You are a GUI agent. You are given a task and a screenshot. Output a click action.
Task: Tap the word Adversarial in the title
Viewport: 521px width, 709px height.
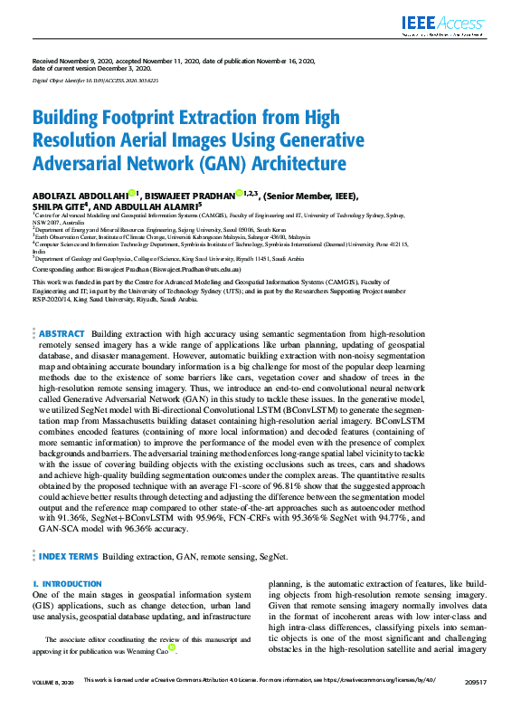(x=77, y=164)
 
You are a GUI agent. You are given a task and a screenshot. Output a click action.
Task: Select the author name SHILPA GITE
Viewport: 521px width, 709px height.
(x=57, y=206)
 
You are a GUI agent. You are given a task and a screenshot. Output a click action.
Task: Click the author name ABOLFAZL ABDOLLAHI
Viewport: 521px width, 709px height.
(x=79, y=194)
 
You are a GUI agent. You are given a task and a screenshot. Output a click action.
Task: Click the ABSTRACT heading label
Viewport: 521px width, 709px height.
(x=62, y=334)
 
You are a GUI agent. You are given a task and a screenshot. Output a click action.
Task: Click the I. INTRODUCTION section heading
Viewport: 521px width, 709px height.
(x=66, y=559)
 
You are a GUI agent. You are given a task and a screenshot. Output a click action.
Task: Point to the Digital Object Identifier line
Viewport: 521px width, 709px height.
(x=95, y=81)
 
